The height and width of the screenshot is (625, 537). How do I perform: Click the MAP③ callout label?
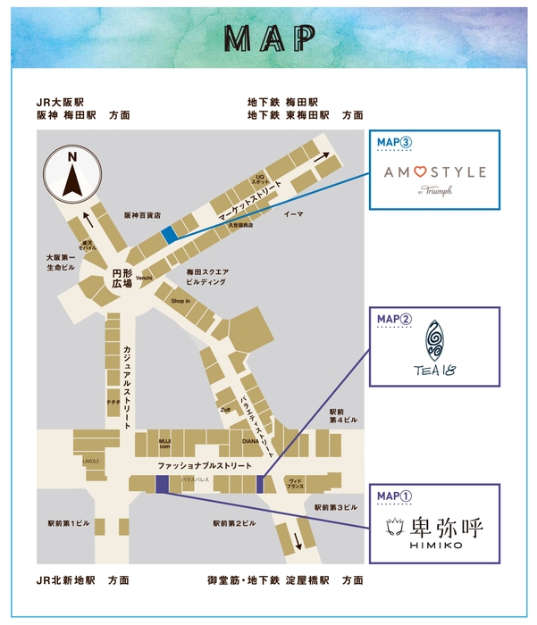tap(394, 141)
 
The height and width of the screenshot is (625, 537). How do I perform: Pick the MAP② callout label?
tap(394, 318)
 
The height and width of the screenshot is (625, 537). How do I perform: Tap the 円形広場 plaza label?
tap(122, 278)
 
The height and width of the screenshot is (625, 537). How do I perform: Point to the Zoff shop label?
tap(225, 409)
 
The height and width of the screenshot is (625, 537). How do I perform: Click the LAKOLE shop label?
tap(91, 461)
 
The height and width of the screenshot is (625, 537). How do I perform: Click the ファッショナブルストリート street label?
tap(205, 467)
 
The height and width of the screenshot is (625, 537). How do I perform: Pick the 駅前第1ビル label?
tap(68, 522)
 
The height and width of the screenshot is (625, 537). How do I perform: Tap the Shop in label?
tap(181, 301)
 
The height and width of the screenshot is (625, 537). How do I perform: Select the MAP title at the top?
tap(269, 37)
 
